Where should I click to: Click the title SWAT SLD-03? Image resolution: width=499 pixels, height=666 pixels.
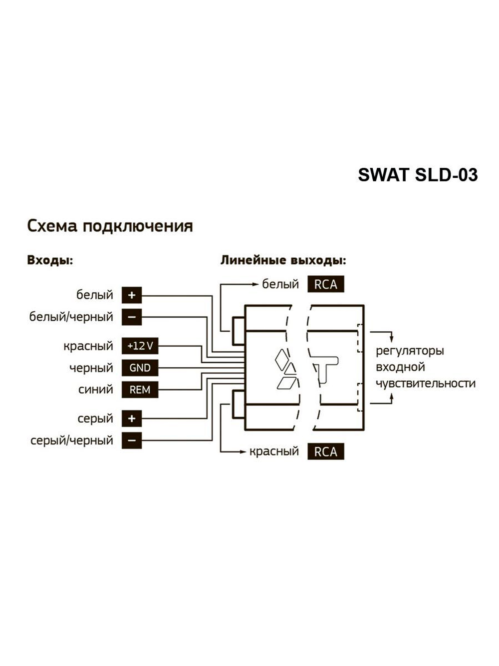click(418, 175)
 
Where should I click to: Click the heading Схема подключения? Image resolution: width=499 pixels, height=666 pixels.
click(110, 226)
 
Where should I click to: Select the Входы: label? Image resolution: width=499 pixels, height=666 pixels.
click(50, 260)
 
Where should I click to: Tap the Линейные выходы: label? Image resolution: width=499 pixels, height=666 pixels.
click(283, 260)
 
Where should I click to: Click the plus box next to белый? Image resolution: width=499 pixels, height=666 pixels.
click(132, 295)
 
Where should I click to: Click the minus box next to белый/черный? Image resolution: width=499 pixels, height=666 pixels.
click(132, 317)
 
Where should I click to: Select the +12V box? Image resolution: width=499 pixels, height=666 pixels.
click(140, 346)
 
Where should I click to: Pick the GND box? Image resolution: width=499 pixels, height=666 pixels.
click(140, 368)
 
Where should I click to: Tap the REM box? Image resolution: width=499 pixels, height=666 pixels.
click(140, 390)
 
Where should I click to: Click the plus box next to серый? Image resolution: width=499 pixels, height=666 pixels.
click(132, 419)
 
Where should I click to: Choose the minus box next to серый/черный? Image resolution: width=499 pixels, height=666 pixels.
click(132, 441)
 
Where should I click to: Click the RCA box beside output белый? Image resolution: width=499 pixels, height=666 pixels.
click(325, 284)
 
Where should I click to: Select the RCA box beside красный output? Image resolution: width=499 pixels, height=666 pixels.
click(325, 452)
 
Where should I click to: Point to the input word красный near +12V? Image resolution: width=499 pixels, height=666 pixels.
click(88, 346)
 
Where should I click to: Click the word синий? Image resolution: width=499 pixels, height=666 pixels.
click(96, 390)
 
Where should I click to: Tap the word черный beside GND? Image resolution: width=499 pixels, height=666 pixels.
click(91, 368)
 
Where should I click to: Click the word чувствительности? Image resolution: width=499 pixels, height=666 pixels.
click(425, 384)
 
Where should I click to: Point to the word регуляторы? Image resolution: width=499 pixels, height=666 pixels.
click(409, 351)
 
